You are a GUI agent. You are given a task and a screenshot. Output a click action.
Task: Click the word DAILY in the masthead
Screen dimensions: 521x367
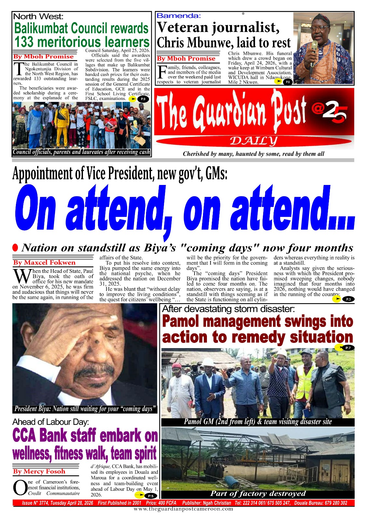253,141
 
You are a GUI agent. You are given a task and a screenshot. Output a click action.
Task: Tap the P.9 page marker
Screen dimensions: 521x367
143,99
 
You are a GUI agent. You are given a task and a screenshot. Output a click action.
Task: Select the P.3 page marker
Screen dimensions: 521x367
348,299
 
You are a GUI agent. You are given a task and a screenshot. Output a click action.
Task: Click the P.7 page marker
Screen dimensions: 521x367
348,348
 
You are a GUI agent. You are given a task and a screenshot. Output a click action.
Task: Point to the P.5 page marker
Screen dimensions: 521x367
151,496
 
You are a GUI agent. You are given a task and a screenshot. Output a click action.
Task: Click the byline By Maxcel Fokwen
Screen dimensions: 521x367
44,262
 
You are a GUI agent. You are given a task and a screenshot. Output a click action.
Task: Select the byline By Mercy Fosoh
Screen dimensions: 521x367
39,471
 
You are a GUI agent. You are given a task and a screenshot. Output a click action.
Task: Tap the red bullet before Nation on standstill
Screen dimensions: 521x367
15,247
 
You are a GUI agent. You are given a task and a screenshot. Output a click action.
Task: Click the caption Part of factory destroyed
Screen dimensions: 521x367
258,493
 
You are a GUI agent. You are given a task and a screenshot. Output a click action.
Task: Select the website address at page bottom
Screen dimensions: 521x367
183,509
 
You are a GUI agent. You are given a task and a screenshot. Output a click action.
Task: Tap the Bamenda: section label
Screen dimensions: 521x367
179,15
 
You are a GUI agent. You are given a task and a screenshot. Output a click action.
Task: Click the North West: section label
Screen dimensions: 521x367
38,16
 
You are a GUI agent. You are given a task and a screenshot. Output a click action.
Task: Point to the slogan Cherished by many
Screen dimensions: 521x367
253,154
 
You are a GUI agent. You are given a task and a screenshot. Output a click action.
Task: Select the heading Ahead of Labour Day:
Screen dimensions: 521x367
50,422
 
